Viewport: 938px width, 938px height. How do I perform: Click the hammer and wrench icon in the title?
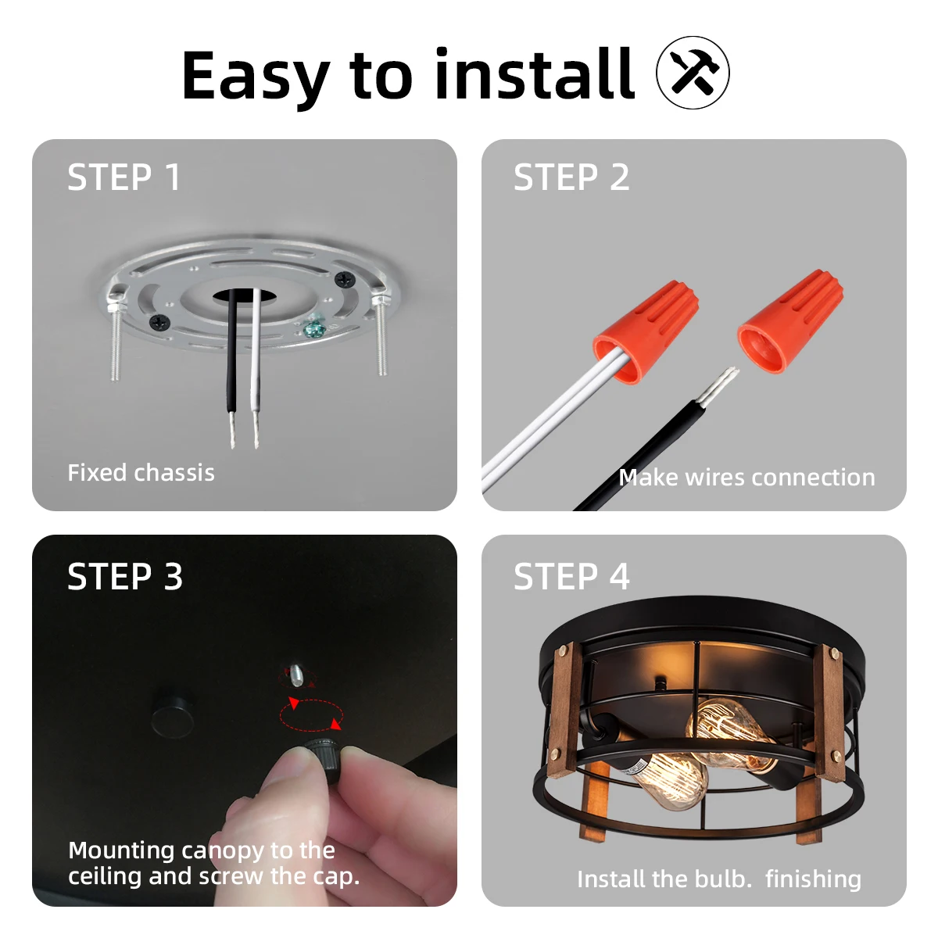693,73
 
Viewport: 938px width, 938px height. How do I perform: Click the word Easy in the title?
256,77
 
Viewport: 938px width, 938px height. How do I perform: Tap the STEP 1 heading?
124,177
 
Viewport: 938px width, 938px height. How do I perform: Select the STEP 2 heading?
571,177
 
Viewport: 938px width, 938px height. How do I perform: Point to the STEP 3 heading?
125,577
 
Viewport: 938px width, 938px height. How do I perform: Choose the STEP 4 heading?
571,577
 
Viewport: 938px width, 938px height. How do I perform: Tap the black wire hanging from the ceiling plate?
231,360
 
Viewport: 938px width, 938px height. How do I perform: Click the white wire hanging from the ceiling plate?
255,360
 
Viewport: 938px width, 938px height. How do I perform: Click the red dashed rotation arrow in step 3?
312,714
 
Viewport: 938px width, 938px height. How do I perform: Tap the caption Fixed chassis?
141,473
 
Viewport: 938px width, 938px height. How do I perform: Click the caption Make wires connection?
746,477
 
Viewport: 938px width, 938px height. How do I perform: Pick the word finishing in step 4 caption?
813,879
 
